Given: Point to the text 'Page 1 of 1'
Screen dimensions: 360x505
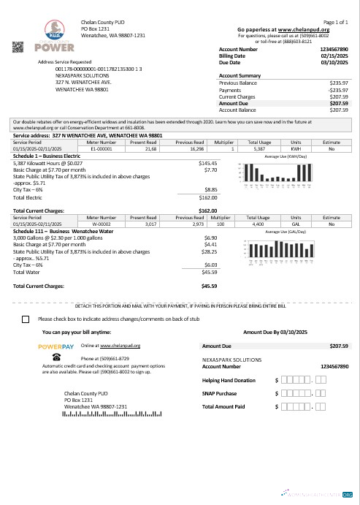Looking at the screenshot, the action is pos(335,23).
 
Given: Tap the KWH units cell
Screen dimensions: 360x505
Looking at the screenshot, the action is pos(296,148).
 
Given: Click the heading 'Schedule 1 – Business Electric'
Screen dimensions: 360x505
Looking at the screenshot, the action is pos(46,156).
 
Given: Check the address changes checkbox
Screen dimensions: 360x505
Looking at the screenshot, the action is pos(26,319).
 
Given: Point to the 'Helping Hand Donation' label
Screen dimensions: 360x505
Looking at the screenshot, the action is pos(229,381).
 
